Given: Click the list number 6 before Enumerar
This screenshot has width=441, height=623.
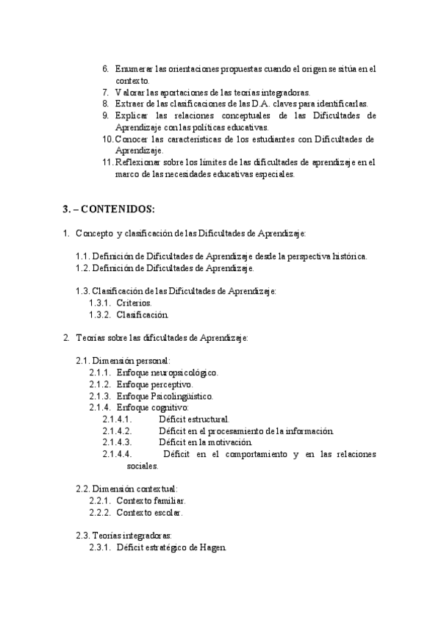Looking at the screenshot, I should [x=105, y=69].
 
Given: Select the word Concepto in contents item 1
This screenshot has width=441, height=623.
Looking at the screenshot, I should [x=93, y=234].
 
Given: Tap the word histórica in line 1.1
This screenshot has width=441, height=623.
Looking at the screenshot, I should [x=350, y=256].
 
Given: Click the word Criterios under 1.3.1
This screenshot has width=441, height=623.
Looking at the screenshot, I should [x=134, y=303].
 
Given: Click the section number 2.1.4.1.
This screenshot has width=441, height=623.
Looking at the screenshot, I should [x=117, y=419].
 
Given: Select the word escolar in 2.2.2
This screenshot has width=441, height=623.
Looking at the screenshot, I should [x=168, y=512].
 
